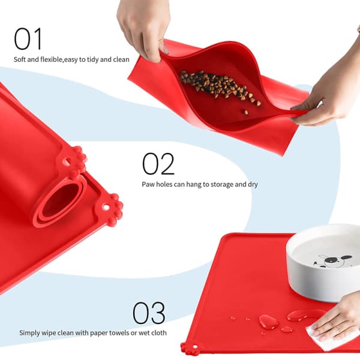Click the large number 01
28,38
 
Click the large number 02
158,164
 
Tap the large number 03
149,313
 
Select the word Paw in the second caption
148,184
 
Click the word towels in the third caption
119,332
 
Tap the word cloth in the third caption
158,332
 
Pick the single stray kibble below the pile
246,112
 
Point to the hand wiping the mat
337,319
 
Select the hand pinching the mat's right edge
328,92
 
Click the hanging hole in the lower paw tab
106,208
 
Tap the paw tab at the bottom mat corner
190,348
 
